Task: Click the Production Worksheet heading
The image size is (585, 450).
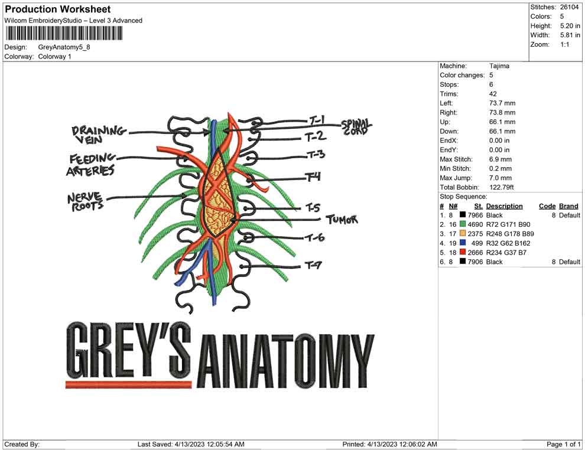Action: (58, 9)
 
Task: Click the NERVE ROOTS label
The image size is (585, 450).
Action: (86, 201)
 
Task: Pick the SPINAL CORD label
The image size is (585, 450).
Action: (356, 127)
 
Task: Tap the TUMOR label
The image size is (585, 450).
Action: (342, 220)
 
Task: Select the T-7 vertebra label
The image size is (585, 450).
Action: (313, 266)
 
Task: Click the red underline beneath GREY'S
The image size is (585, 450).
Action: (129, 384)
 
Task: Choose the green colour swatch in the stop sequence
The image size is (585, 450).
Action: (463, 225)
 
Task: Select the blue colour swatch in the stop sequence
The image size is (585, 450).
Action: (463, 243)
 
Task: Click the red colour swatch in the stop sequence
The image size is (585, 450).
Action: (463, 253)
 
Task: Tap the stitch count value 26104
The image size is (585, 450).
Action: (570, 7)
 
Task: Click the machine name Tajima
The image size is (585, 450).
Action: (499, 66)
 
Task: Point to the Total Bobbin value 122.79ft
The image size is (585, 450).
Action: (502, 187)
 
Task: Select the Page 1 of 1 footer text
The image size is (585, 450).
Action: (564, 444)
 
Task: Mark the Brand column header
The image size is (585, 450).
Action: (569, 206)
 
